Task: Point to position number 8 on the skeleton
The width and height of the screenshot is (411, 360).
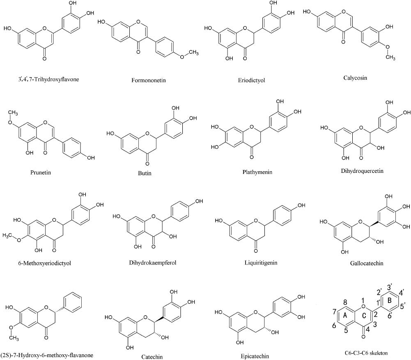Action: coord(346,302)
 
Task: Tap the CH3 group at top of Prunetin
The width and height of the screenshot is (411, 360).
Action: coord(13,101)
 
